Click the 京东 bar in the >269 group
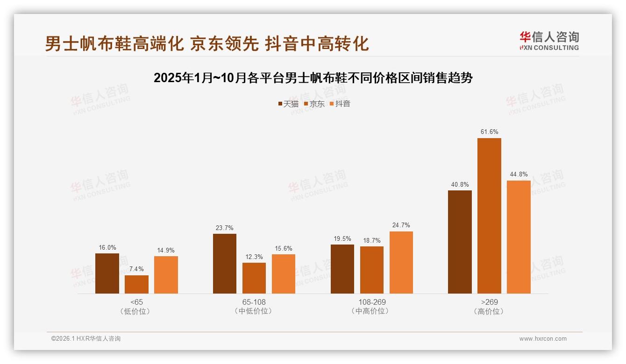point(489,216)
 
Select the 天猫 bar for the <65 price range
point(107,273)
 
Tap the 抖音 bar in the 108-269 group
point(401,262)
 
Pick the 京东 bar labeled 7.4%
point(136,284)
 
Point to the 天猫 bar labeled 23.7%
point(225,264)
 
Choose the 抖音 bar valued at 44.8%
point(519,237)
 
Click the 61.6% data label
point(489,132)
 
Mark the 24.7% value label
point(401,225)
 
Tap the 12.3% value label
point(254,257)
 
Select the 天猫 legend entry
point(288,104)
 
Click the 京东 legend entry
point(314,104)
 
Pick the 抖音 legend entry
point(340,104)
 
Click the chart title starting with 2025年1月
point(313,78)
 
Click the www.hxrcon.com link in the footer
point(543,339)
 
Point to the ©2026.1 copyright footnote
point(86,339)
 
